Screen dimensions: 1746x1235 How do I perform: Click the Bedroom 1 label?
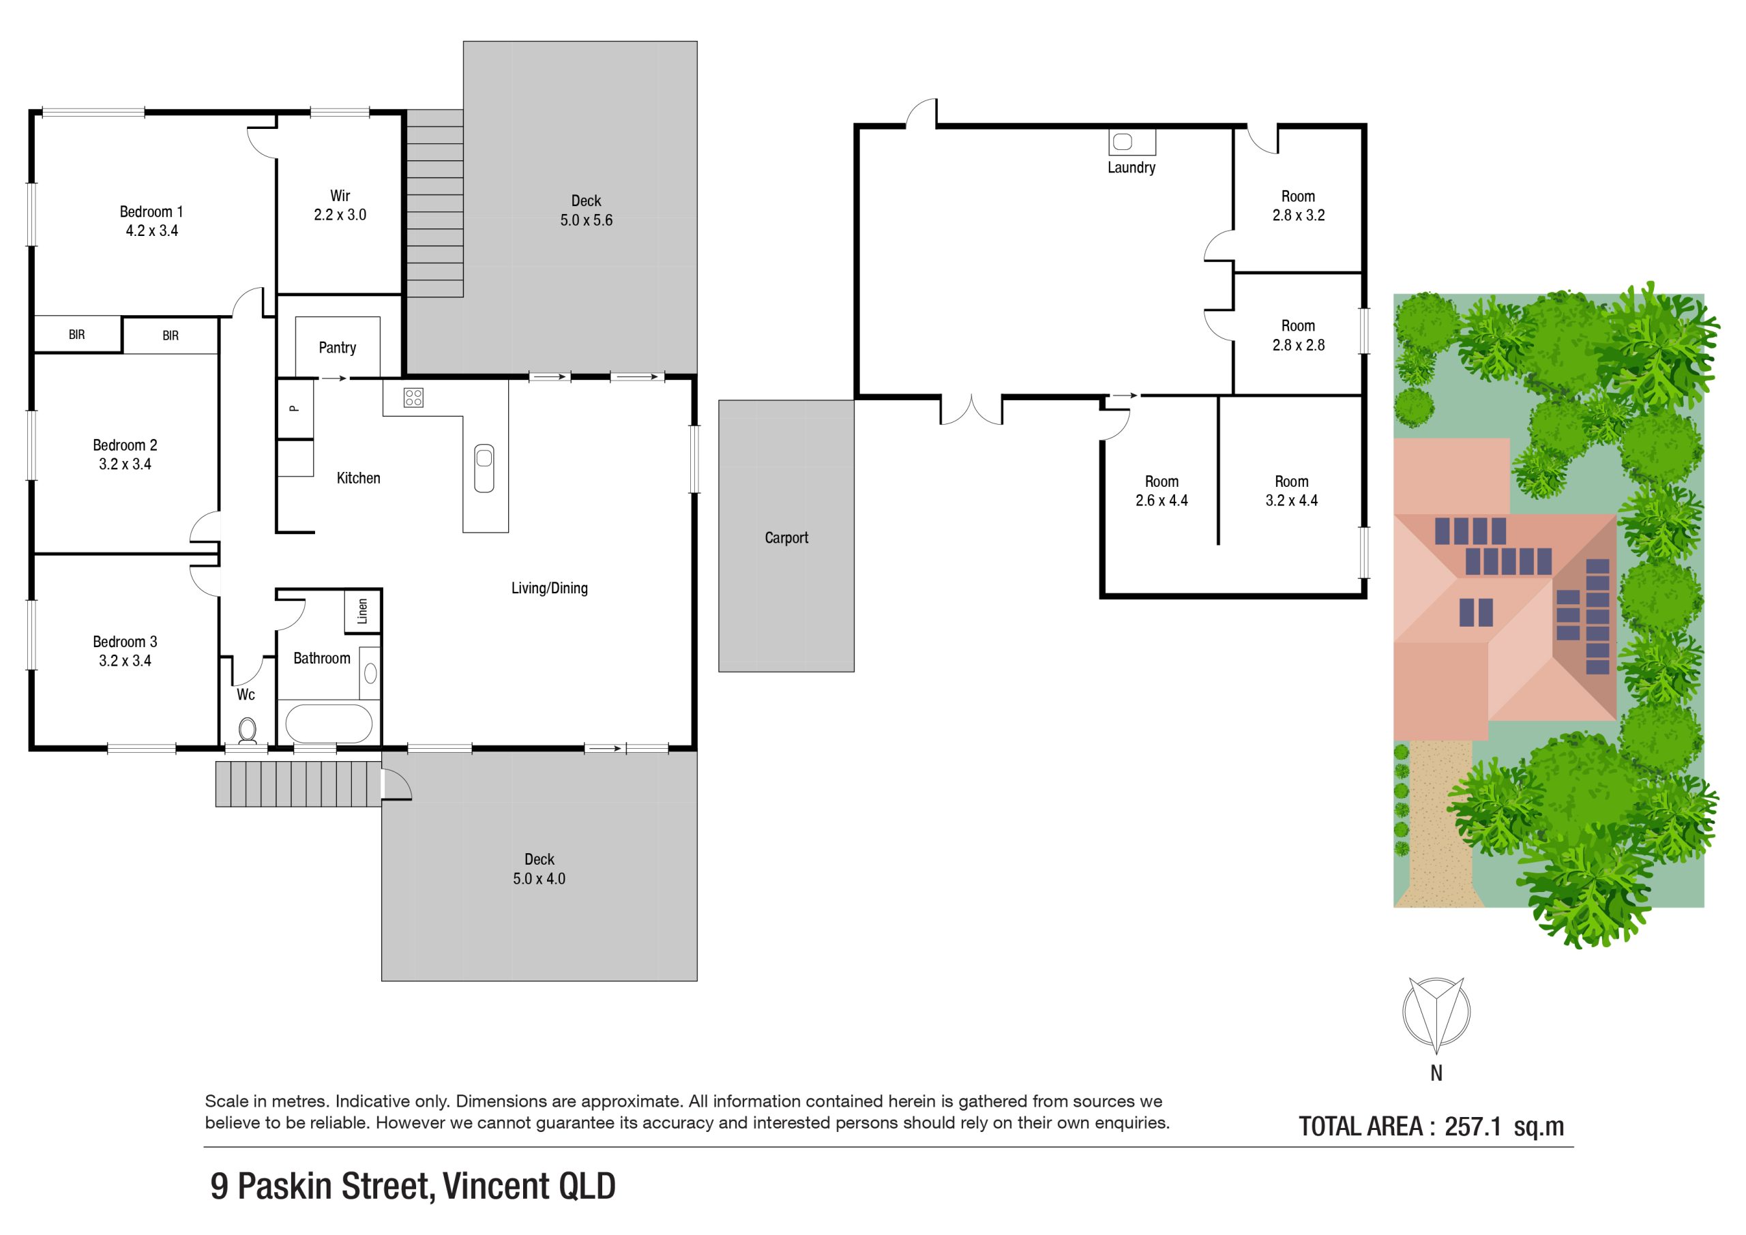[x=151, y=212]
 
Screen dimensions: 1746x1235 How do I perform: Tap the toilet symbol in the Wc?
[x=247, y=731]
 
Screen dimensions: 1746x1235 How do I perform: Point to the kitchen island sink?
[x=484, y=468]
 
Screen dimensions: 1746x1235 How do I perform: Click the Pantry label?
[x=337, y=348]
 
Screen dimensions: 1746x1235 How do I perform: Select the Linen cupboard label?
[x=363, y=610]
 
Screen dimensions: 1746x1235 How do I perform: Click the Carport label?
[x=786, y=537]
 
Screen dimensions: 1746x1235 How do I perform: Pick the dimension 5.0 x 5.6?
[x=587, y=220]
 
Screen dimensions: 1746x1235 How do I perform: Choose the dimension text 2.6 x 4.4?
[x=1161, y=501]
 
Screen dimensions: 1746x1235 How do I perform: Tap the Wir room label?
[x=340, y=196]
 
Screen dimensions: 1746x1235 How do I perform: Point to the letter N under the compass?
[x=1436, y=1073]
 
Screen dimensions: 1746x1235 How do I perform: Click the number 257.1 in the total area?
[x=1473, y=1127]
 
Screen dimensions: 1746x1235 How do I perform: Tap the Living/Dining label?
[x=549, y=588]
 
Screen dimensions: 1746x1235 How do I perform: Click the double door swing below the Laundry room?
[x=972, y=408]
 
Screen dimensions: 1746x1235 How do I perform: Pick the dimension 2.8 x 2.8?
[x=1298, y=345]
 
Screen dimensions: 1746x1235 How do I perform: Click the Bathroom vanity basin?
[x=370, y=673]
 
